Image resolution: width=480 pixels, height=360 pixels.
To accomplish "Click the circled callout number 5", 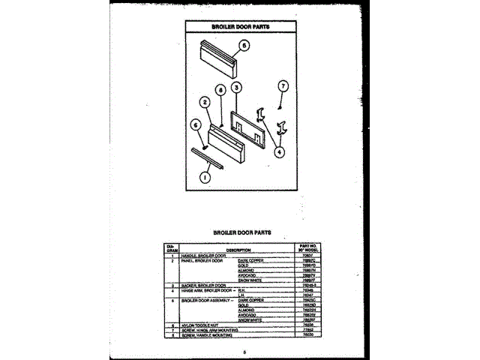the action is point(244,45).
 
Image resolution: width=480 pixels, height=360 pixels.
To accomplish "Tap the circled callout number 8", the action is point(220,89).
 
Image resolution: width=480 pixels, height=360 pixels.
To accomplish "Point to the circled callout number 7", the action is point(282,86).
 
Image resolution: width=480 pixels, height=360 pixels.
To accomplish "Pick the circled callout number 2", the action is point(204,102).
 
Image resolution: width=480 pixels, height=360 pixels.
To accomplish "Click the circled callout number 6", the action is point(195,125).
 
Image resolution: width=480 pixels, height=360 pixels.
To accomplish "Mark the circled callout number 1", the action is point(204,178).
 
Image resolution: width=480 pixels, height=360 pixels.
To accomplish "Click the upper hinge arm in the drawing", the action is point(261,114).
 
